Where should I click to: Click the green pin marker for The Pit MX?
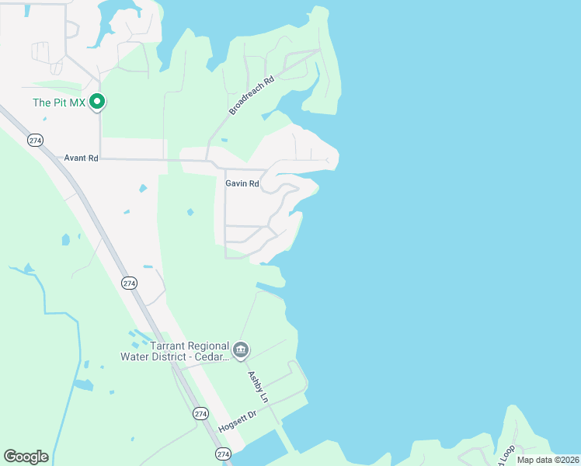coord(97,102)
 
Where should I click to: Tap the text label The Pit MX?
coord(59,103)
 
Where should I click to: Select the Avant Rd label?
coord(82,158)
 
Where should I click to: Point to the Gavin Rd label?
coord(242,183)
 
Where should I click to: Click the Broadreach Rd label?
coord(252,96)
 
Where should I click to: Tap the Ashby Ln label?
coord(258,386)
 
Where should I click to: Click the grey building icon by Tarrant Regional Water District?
coord(241,351)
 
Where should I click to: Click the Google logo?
coord(26,457)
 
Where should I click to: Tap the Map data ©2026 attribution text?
coord(548,460)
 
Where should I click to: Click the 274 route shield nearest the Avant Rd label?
coord(34,140)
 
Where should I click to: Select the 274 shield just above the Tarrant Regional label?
coord(130,283)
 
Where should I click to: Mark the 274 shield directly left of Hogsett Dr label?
coord(200,413)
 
